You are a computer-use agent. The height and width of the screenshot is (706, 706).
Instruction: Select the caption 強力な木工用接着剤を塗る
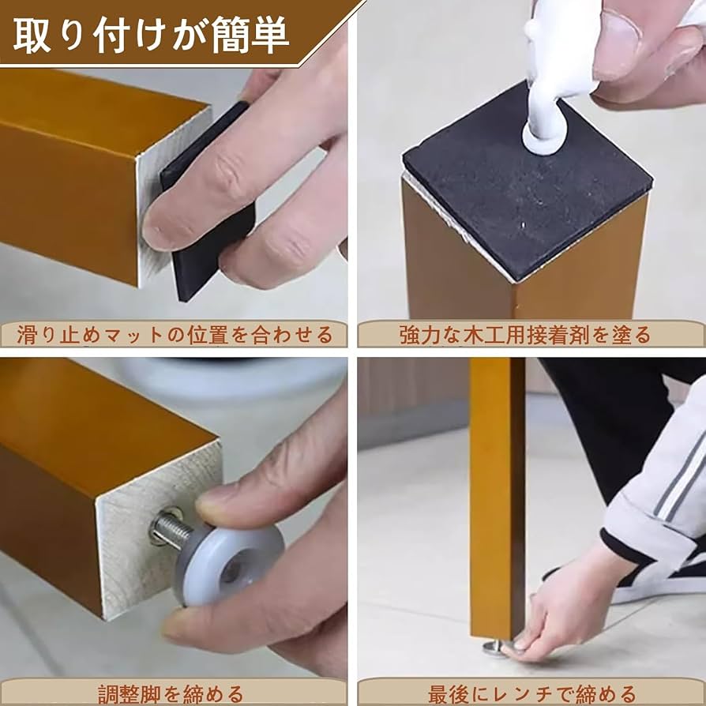point(524,334)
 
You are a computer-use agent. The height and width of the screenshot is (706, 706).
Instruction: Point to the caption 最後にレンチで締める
point(531,694)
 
